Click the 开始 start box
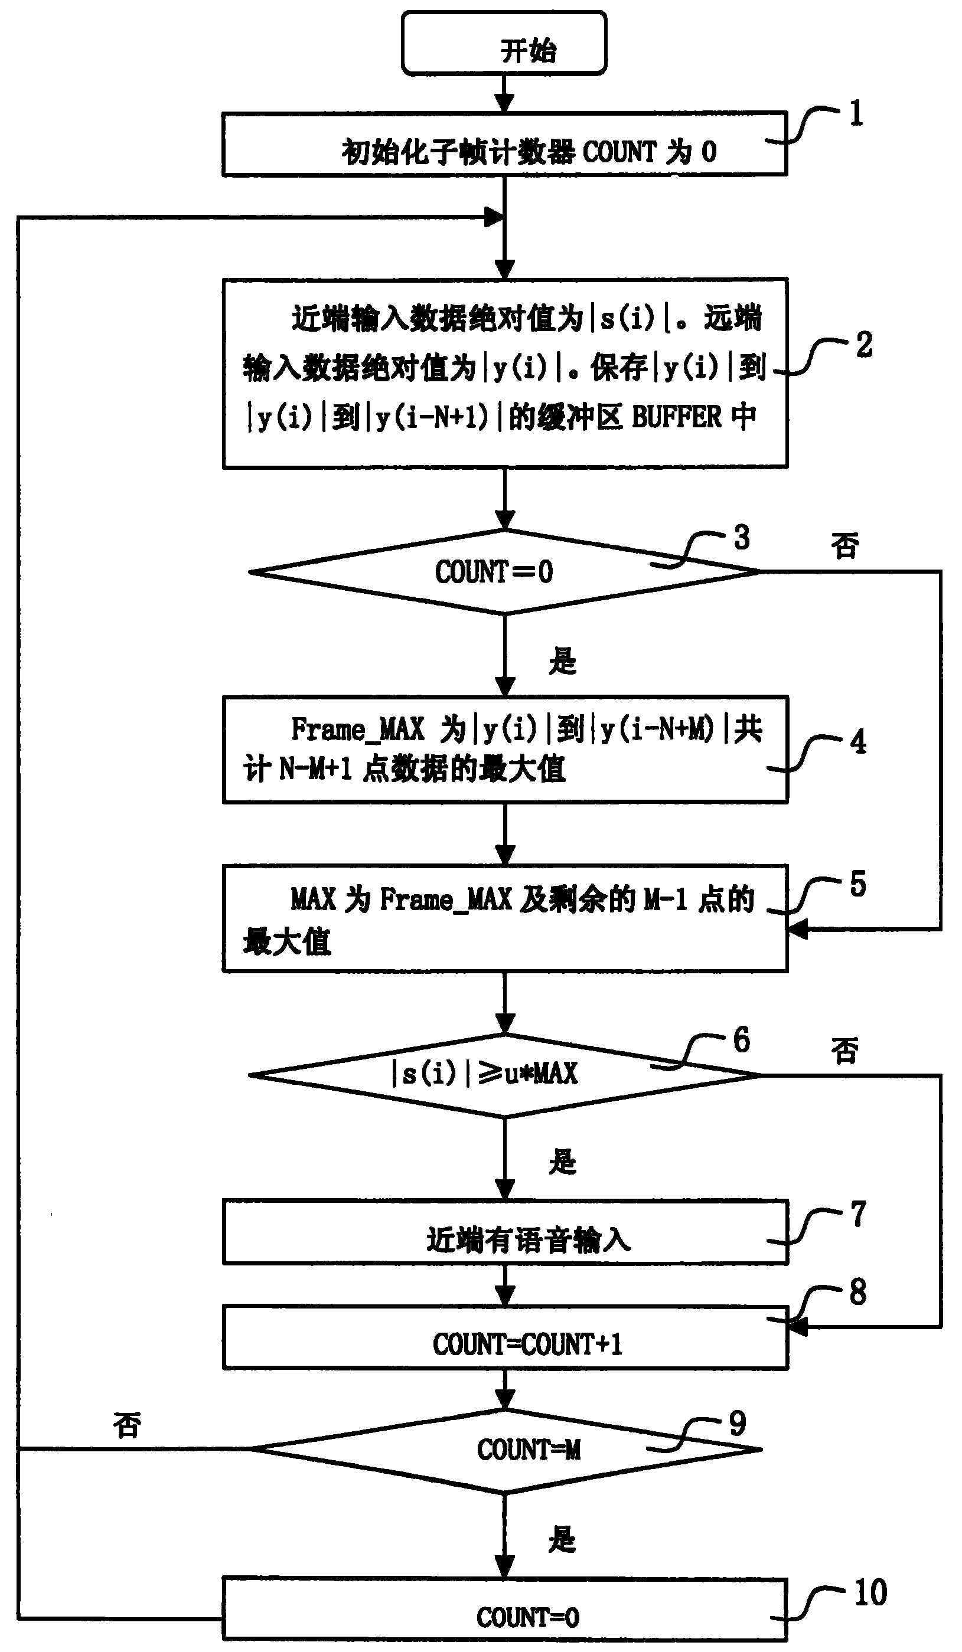point(504,44)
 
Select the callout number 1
point(856,113)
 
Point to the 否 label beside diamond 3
point(844,545)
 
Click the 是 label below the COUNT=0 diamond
point(563,661)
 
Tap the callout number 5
point(857,884)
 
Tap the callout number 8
point(857,1292)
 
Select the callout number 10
point(870,1592)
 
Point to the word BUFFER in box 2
point(676,417)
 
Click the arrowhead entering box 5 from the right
point(797,929)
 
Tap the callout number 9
point(737,1424)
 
